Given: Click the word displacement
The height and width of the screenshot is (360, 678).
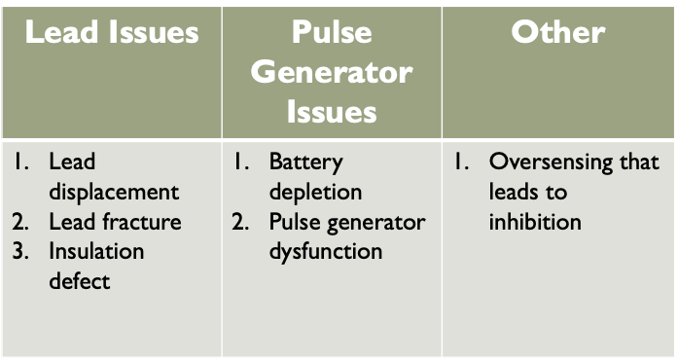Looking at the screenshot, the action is [114, 193].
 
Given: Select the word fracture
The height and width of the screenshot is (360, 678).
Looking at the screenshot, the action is [142, 222].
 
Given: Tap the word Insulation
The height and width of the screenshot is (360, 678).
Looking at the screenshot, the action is [96, 251].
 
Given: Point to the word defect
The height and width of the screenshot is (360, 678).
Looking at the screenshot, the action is [80, 281].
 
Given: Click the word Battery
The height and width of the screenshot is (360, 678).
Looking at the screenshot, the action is [306, 163].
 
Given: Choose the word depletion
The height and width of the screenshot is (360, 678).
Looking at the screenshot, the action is [315, 193].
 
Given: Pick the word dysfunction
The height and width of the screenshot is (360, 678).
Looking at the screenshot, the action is [326, 252].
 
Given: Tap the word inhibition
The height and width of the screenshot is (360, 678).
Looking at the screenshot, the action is [535, 222].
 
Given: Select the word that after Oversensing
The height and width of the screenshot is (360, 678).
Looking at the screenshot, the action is [639, 162].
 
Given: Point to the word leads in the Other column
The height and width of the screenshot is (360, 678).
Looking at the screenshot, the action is [513, 192].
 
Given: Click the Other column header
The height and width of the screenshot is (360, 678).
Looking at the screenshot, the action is [558, 32].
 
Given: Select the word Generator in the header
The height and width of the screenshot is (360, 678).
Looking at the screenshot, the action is [332, 72].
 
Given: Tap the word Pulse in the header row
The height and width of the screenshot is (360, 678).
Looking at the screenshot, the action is [332, 32].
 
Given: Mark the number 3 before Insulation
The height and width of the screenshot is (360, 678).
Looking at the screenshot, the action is [20, 251].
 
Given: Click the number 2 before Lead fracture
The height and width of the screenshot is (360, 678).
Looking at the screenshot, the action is [20, 222].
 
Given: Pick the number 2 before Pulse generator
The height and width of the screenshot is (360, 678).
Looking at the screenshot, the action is [240, 222].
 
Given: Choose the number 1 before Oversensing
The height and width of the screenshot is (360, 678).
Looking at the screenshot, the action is [461, 162].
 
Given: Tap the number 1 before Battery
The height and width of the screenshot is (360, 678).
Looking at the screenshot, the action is [241, 162].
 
